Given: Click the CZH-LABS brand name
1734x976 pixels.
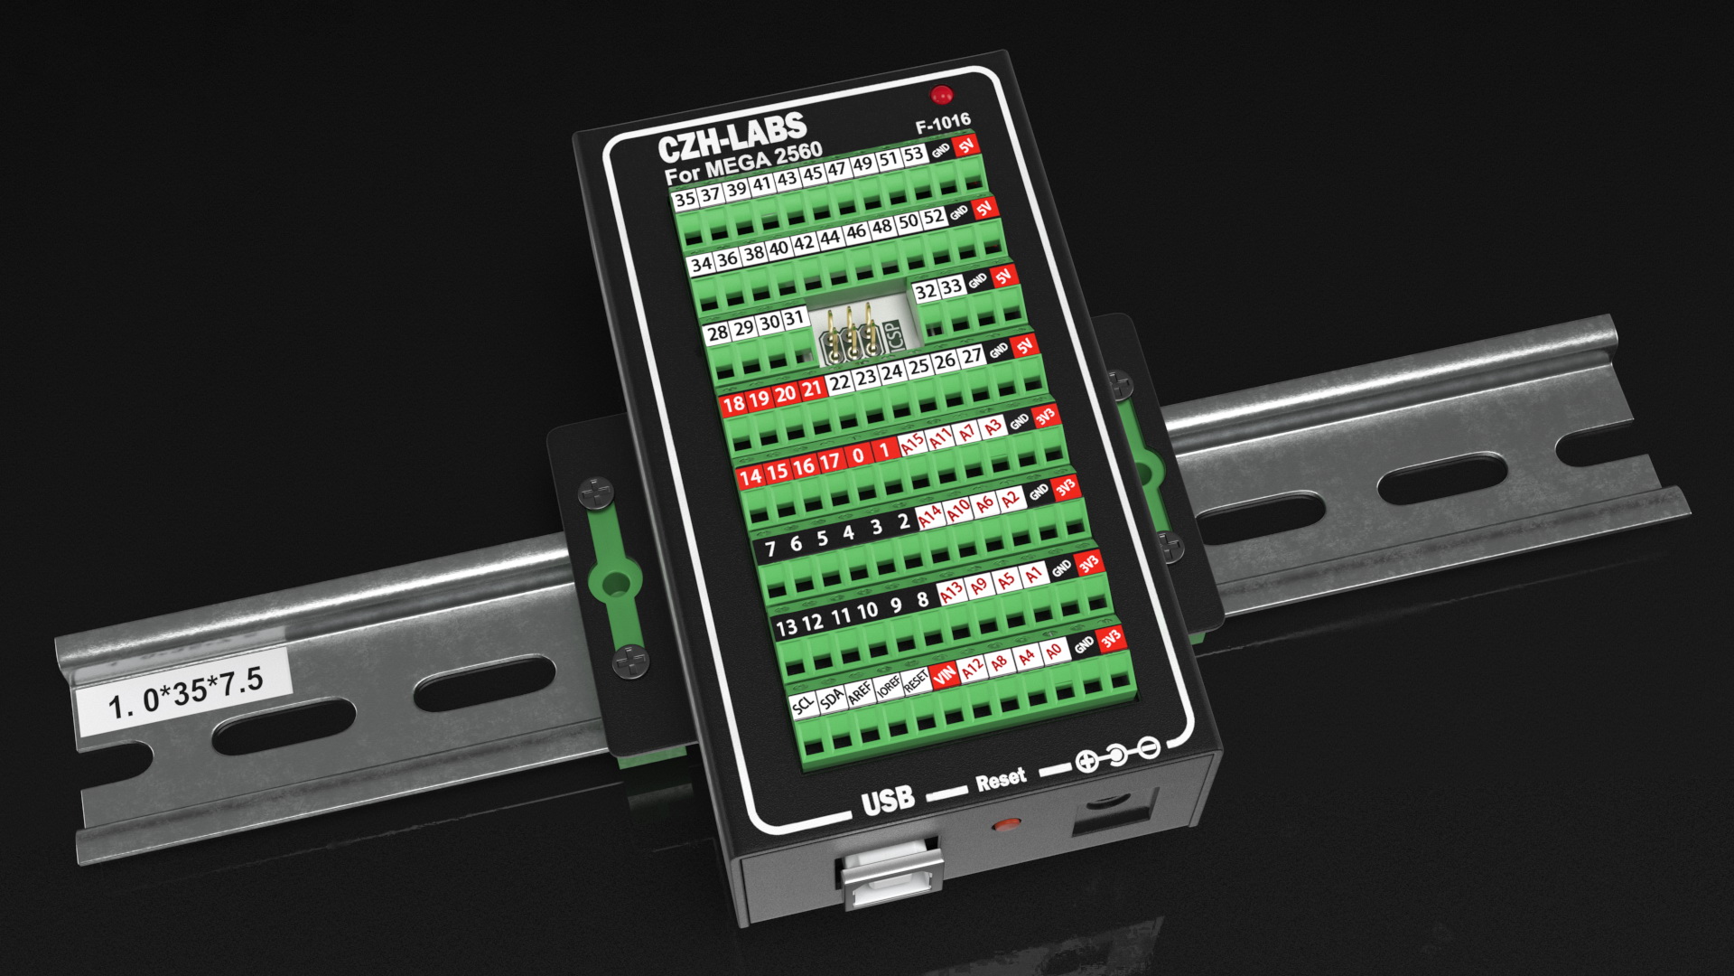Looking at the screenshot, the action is click(732, 138).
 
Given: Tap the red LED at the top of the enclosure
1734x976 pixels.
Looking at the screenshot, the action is click(942, 95).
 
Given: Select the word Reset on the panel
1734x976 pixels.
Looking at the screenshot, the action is click(1001, 780).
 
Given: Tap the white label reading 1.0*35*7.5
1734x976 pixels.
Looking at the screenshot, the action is click(185, 690).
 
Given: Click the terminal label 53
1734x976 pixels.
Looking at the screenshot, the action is click(914, 155).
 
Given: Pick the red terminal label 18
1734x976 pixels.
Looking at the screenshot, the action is click(732, 403).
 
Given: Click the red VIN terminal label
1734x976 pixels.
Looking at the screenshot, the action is click(945, 674).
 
